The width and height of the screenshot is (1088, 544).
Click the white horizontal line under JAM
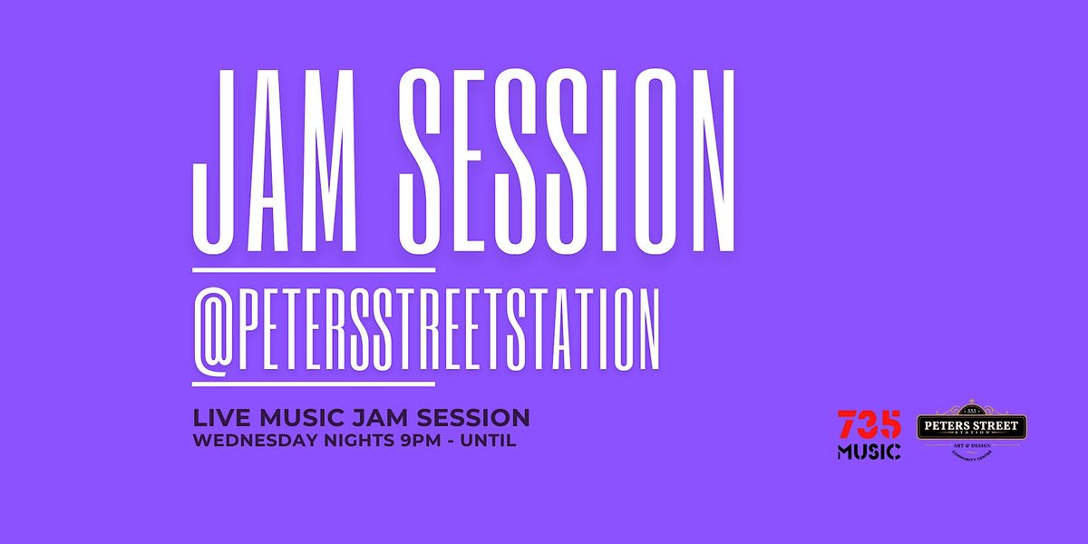[x=314, y=269]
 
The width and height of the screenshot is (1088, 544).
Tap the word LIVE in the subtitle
[x=218, y=418]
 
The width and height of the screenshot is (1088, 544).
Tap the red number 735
[x=869, y=424]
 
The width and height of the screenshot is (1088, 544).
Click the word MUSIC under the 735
[x=869, y=451]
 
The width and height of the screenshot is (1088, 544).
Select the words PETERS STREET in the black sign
[x=972, y=425]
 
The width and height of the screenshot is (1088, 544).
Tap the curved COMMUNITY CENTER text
[x=972, y=459]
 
